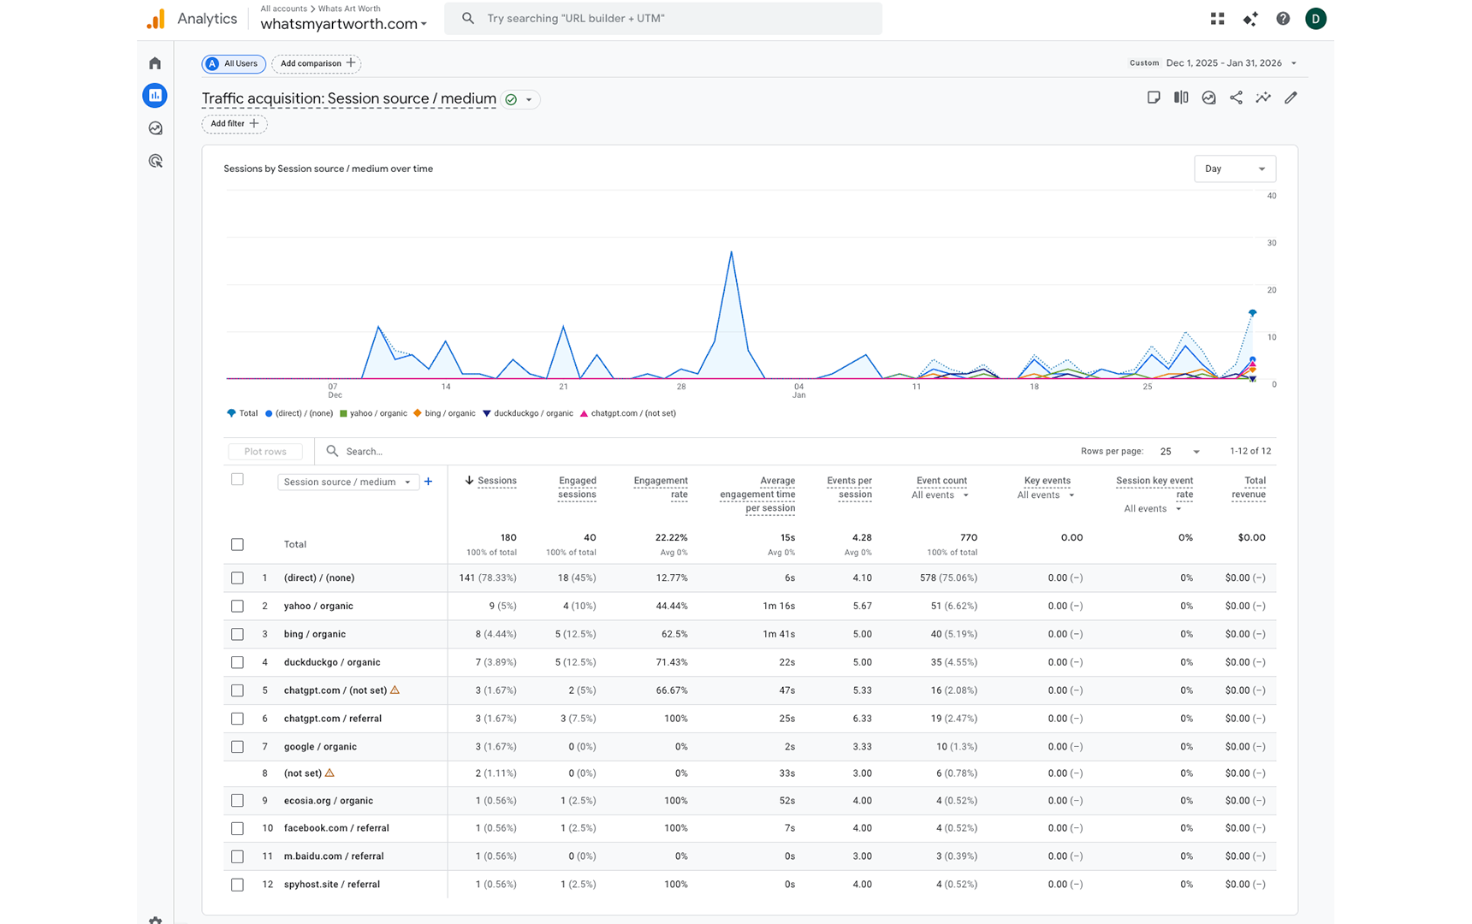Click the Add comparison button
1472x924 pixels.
[316, 63]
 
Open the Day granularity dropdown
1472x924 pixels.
[1234, 169]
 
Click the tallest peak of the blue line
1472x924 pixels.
[731, 252]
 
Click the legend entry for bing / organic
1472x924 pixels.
[444, 413]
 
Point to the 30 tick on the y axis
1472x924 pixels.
[1272, 243]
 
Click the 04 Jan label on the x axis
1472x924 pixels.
[798, 390]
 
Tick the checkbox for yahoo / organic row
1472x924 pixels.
[237, 606]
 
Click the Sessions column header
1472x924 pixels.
[496, 481]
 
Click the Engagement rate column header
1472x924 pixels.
[660, 487]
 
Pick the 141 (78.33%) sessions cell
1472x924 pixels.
[487, 577]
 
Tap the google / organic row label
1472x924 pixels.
[320, 747]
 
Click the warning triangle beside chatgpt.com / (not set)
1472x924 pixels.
[395, 690]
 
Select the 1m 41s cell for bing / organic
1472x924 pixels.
[778, 634]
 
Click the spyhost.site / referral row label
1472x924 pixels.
[331, 885]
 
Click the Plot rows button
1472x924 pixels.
[265, 452]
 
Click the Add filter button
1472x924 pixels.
[234, 124]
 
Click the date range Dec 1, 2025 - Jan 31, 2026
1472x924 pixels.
[1224, 63]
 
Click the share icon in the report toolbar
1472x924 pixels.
[1236, 98]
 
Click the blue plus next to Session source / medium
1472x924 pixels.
[429, 482]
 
